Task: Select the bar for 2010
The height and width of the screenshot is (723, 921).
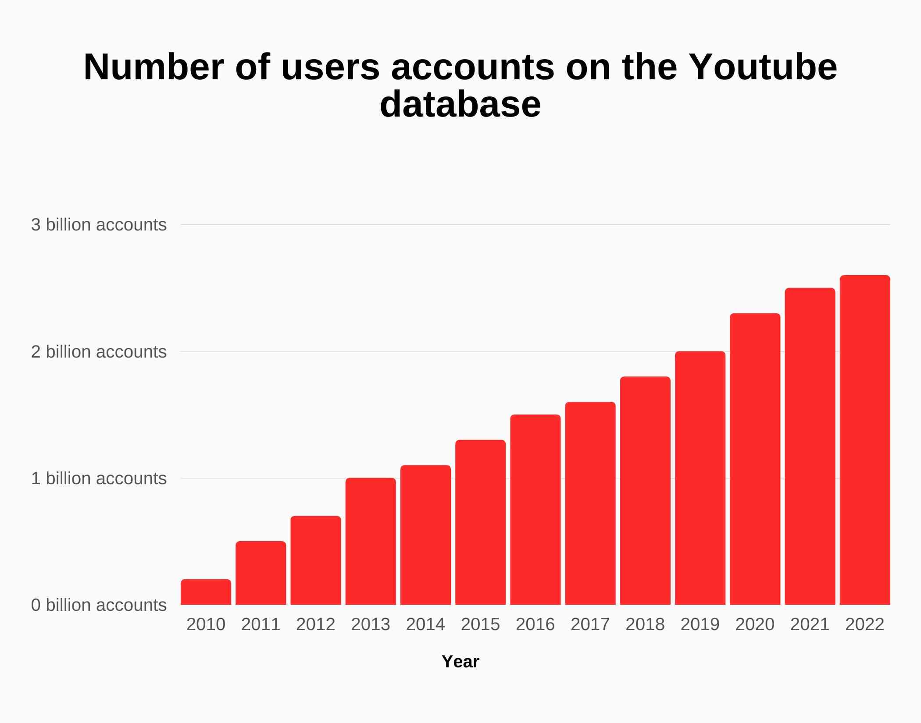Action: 206,592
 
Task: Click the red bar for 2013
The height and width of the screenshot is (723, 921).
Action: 371,541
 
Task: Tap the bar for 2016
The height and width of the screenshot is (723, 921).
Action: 535,510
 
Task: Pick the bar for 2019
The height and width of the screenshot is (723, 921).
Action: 700,478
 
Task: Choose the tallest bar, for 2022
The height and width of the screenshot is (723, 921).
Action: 865,440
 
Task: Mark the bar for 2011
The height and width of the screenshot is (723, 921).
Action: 261,573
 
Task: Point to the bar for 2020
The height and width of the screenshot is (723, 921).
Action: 755,459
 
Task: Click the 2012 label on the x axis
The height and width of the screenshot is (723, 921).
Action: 315,624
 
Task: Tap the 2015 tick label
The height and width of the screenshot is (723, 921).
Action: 480,624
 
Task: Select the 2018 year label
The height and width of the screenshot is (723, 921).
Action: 645,624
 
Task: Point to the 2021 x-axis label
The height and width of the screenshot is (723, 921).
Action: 810,624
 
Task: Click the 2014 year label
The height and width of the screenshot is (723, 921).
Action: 425,624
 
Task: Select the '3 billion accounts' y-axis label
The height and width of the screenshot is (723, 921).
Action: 99,225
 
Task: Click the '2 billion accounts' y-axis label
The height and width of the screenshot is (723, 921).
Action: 99,352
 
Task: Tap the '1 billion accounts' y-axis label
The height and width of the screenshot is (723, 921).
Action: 99,478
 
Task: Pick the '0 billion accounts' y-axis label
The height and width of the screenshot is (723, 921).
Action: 99,605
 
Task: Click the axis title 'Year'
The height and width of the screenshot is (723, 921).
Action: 460,662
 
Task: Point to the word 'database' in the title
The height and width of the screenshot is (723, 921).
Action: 460,104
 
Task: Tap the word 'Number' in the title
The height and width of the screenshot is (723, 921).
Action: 153,67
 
